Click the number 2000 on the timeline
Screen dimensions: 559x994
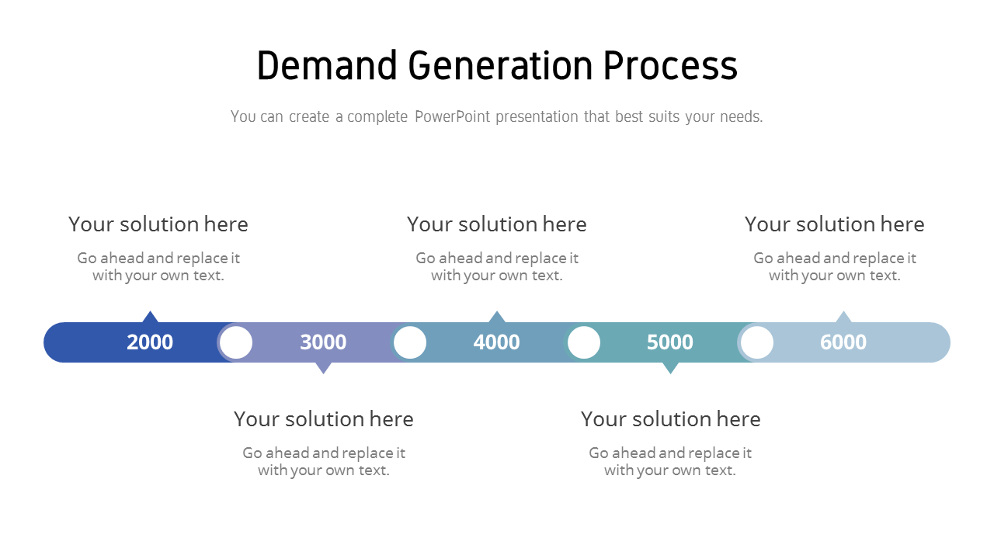(150, 342)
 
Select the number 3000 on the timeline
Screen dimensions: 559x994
(323, 342)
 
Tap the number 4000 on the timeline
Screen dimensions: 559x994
(496, 342)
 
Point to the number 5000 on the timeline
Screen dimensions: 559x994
(669, 342)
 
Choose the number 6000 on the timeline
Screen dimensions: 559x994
(843, 342)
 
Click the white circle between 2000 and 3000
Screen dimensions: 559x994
(236, 342)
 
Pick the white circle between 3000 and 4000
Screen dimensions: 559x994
(410, 342)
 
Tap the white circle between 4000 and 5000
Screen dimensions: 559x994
(584, 342)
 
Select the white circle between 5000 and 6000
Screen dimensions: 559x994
(757, 342)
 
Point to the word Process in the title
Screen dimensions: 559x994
(670, 66)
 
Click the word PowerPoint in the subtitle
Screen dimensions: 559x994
(452, 116)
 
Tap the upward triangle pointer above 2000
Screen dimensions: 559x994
(151, 317)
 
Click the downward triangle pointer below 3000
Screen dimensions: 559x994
(324, 368)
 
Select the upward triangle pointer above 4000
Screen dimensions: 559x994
(497, 317)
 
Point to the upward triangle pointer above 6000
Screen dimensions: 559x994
(843, 317)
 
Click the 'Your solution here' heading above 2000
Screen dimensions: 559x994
(158, 224)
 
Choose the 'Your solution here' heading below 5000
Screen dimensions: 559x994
(671, 419)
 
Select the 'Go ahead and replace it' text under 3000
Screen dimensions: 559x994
(324, 453)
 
